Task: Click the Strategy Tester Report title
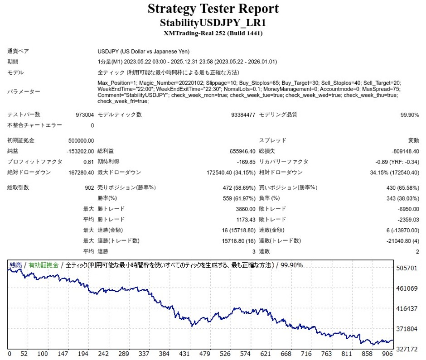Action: (x=213, y=9)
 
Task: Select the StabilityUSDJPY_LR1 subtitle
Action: (x=213, y=22)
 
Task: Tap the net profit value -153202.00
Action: (x=80, y=151)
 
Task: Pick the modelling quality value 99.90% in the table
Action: (x=410, y=115)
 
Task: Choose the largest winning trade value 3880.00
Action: (x=246, y=209)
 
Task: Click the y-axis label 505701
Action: (x=407, y=268)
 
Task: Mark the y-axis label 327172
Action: (x=407, y=350)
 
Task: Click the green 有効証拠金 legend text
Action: (x=44, y=265)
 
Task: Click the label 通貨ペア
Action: (x=18, y=52)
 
